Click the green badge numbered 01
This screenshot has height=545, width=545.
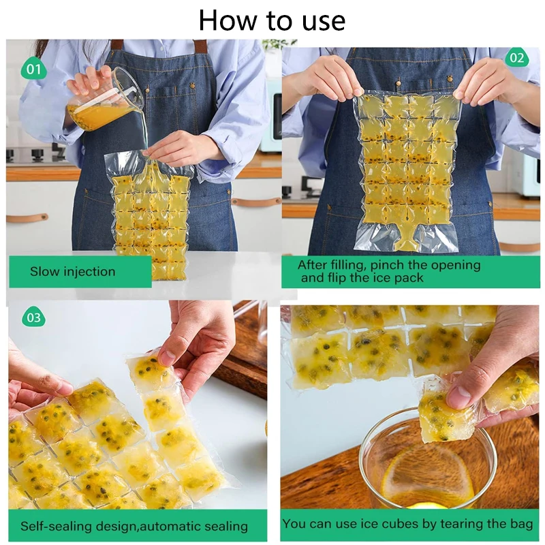[33, 69]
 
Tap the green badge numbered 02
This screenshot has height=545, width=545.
[516, 58]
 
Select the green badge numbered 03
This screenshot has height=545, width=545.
[33, 317]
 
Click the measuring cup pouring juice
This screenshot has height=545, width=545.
[104, 99]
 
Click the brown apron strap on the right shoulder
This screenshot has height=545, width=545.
[199, 46]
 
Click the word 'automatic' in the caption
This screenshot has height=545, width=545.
[170, 526]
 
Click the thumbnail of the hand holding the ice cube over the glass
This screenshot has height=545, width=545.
[409, 407]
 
